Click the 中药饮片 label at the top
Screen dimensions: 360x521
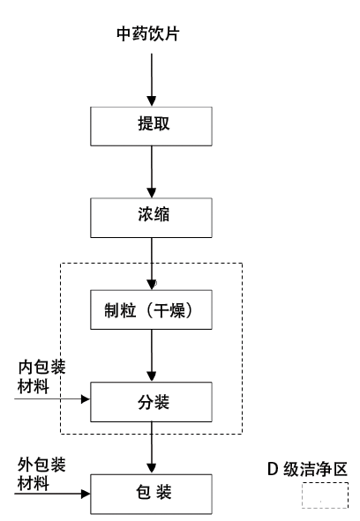(148, 33)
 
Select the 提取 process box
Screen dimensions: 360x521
(152, 126)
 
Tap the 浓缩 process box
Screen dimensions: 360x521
(152, 218)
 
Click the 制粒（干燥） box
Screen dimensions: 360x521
(152, 309)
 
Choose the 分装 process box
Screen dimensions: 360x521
(152, 402)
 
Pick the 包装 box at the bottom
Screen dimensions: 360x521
(152, 494)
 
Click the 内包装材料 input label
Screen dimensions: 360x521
(41, 376)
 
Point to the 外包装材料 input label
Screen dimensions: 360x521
(41, 474)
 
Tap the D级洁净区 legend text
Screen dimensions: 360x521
(307, 470)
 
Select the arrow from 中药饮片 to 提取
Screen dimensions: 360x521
(152, 79)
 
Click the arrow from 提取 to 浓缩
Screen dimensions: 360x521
(152, 172)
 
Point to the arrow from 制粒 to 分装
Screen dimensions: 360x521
(152, 356)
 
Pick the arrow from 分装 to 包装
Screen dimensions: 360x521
(152, 448)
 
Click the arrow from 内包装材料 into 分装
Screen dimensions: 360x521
(52, 398)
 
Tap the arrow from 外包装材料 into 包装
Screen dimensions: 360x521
(52, 494)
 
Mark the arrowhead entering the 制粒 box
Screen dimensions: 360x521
(152, 285)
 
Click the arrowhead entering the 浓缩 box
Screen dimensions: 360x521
(152, 193)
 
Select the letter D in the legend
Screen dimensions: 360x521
(272, 470)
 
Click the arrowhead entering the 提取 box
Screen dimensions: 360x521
(152, 101)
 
